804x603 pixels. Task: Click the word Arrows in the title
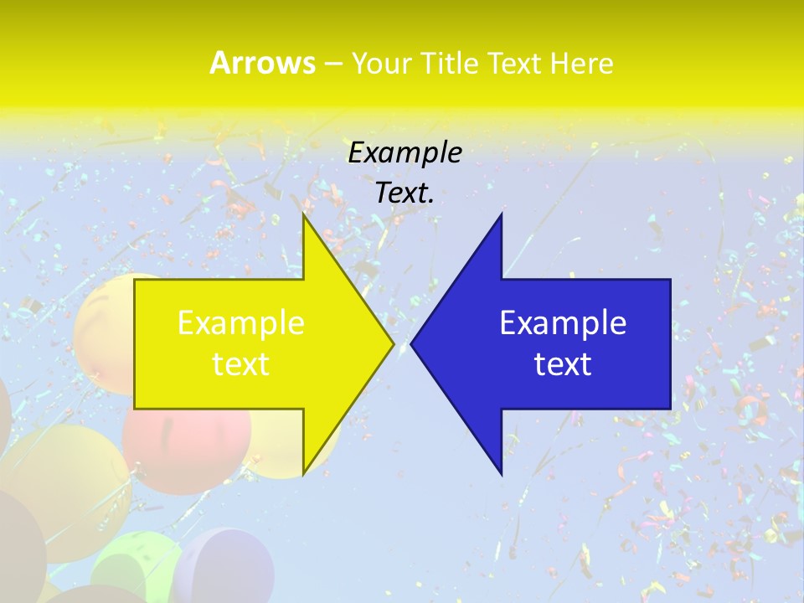(262, 63)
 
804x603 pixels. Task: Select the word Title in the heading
(456, 64)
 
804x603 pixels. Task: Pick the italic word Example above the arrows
(405, 152)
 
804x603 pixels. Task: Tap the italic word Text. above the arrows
(405, 193)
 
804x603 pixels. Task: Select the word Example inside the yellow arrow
(241, 323)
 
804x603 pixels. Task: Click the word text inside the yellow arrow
(241, 364)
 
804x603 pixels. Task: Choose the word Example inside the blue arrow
(563, 323)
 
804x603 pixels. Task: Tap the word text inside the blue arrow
(563, 364)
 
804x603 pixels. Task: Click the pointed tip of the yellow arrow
(393, 343)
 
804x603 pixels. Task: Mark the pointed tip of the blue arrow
(411, 343)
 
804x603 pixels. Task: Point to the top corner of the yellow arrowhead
(304, 215)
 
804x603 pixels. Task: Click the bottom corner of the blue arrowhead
(501, 474)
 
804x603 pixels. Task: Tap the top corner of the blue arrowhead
(501, 215)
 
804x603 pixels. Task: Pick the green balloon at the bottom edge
(134, 569)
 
